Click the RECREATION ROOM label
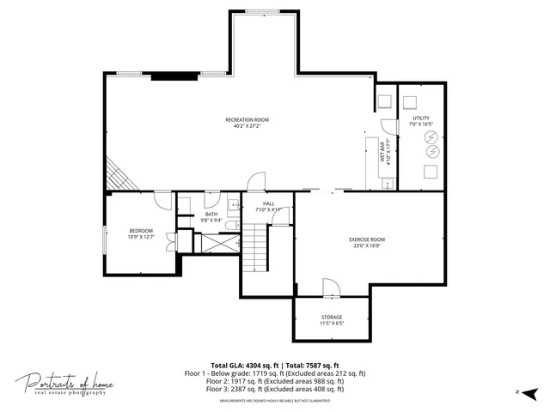pos(247,119)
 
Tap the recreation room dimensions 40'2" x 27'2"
pos(247,126)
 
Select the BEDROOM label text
pos(141,230)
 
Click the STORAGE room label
pos(332,317)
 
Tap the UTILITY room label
pos(421,118)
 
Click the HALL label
pos(268,203)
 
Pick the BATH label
pos(211,215)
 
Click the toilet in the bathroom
pos(230,225)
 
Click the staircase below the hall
pos(256,248)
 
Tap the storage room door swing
pos(331,288)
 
